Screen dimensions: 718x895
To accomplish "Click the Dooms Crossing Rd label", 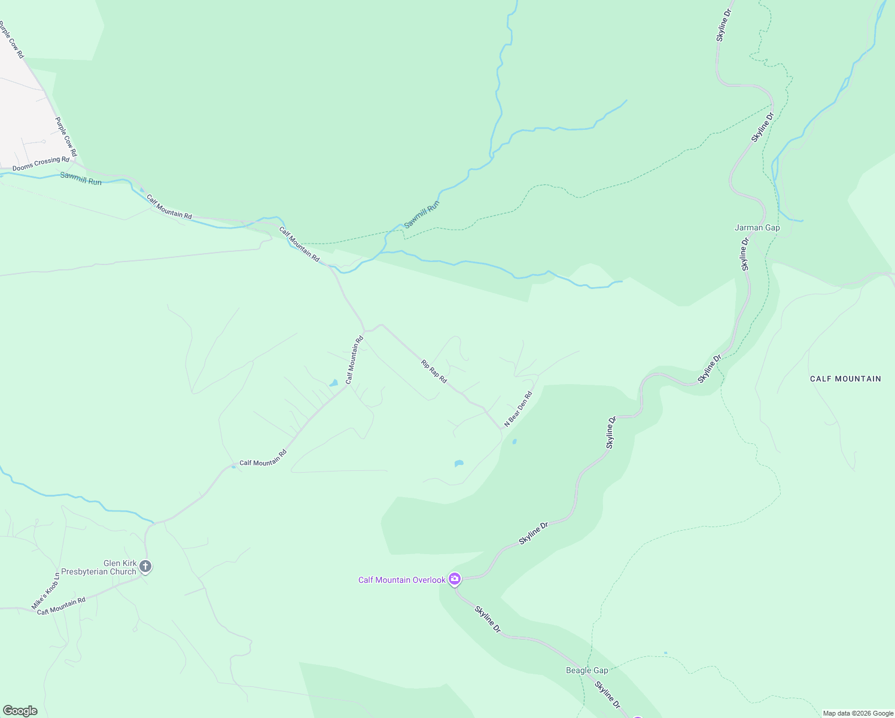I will (x=41, y=164).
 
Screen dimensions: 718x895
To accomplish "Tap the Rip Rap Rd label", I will (x=434, y=372).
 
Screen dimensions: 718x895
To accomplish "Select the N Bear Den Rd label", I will (x=518, y=409).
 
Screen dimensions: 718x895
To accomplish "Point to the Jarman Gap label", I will (x=757, y=228).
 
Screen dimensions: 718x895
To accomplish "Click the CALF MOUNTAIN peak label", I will (x=845, y=379).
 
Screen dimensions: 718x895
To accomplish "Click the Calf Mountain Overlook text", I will (x=401, y=580).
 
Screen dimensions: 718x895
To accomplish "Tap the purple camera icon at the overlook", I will (x=455, y=579).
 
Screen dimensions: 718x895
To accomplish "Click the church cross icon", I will (x=145, y=566).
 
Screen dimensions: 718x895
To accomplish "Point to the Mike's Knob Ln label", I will (x=45, y=591).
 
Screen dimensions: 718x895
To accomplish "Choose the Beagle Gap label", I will (x=587, y=671).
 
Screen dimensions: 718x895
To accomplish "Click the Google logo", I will (x=20, y=711).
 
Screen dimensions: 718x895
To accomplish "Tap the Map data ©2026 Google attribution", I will (x=858, y=713).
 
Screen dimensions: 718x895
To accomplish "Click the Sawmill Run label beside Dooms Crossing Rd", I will (x=81, y=178).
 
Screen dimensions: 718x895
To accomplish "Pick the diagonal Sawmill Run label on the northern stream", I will (x=422, y=214).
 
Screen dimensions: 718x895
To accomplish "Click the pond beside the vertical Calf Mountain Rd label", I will (x=334, y=383).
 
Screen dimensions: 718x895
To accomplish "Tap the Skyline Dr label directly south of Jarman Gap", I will (x=745, y=254).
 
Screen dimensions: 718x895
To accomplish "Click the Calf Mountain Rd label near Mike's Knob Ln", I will (x=61, y=606).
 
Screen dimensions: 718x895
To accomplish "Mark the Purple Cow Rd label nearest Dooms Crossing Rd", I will (x=66, y=137).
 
